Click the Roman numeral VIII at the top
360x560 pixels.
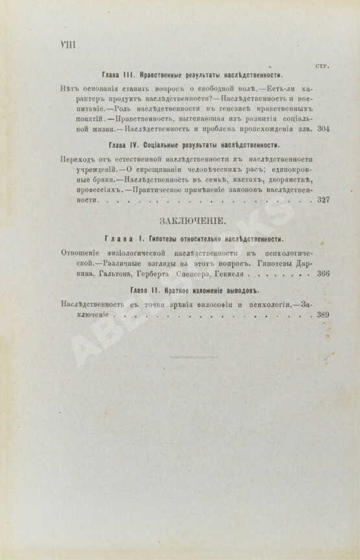(67, 45)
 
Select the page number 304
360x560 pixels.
(324, 129)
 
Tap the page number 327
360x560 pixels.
(324, 199)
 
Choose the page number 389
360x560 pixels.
(324, 314)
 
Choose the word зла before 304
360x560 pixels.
(307, 129)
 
